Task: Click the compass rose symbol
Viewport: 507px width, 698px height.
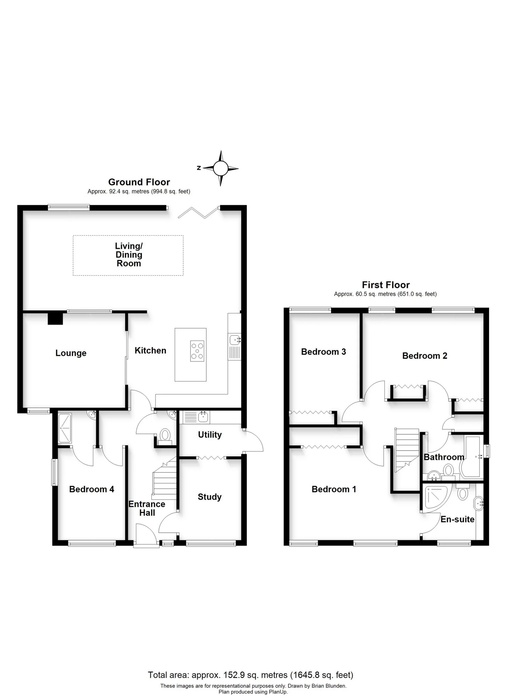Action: pyautogui.click(x=220, y=168)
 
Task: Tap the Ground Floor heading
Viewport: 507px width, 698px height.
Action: pyautogui.click(x=139, y=182)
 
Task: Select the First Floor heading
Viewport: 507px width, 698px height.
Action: pyautogui.click(x=386, y=285)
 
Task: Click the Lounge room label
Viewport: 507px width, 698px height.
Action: pyautogui.click(x=71, y=353)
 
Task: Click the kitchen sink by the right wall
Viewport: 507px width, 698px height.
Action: pyautogui.click(x=235, y=340)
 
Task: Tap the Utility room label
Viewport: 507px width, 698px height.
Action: pyautogui.click(x=210, y=435)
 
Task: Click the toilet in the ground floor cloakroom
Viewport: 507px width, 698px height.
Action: pyautogui.click(x=165, y=435)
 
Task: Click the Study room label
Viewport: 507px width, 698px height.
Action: pyautogui.click(x=210, y=497)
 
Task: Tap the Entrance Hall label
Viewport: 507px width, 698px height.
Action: pyautogui.click(x=147, y=508)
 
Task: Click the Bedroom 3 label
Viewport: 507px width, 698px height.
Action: pyautogui.click(x=323, y=352)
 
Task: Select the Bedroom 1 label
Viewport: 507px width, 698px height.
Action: pyautogui.click(x=334, y=489)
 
